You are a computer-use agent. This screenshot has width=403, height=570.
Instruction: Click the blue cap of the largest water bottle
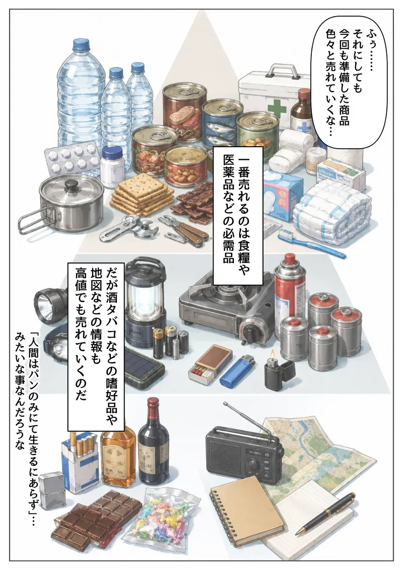(x=81, y=45)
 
